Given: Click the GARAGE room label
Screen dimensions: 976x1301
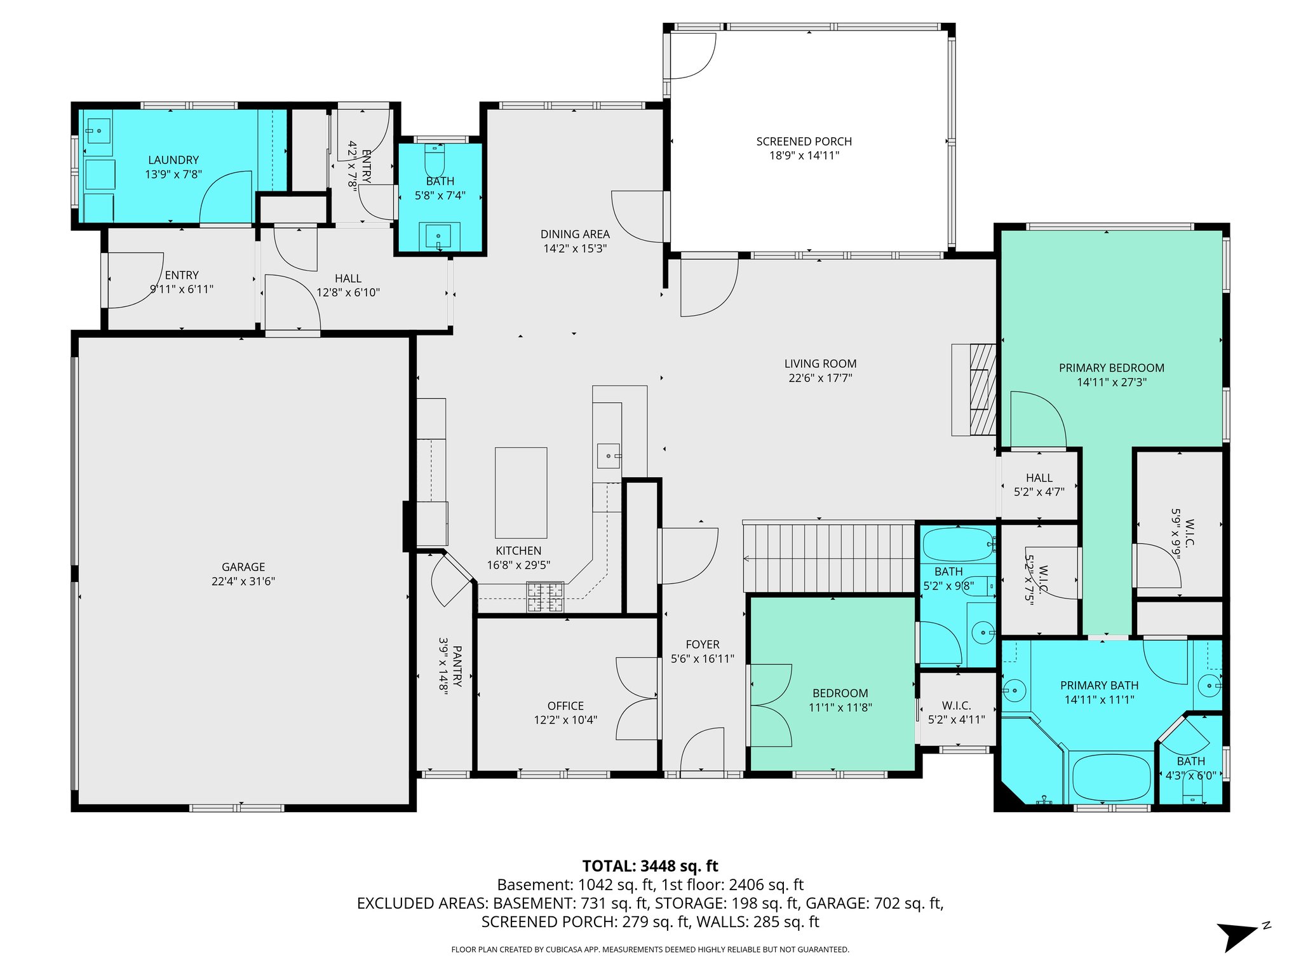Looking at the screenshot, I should [x=243, y=567].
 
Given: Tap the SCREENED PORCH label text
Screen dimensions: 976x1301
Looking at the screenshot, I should [x=804, y=142].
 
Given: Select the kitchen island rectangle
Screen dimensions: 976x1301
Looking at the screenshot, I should [x=521, y=493].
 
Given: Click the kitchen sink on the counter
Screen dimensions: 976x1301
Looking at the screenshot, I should [x=608, y=456].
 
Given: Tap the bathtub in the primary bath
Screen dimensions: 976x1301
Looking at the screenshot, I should [x=1111, y=778].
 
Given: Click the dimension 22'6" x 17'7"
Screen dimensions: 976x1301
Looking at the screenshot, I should [x=820, y=378].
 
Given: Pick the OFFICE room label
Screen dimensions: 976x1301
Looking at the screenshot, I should [x=565, y=706].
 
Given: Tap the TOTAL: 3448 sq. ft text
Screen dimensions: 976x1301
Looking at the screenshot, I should [x=650, y=866].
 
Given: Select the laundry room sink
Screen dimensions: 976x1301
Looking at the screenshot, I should [x=98, y=132].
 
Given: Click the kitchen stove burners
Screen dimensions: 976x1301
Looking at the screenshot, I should [x=545, y=597].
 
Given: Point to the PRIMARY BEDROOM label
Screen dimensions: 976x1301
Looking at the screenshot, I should [x=1111, y=368].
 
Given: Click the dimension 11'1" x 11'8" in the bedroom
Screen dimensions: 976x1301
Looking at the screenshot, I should [x=840, y=707].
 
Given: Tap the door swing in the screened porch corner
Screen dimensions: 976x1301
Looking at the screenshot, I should [x=692, y=56].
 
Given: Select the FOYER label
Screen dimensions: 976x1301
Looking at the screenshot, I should [x=702, y=644].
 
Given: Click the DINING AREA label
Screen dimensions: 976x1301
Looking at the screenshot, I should [x=575, y=234].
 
